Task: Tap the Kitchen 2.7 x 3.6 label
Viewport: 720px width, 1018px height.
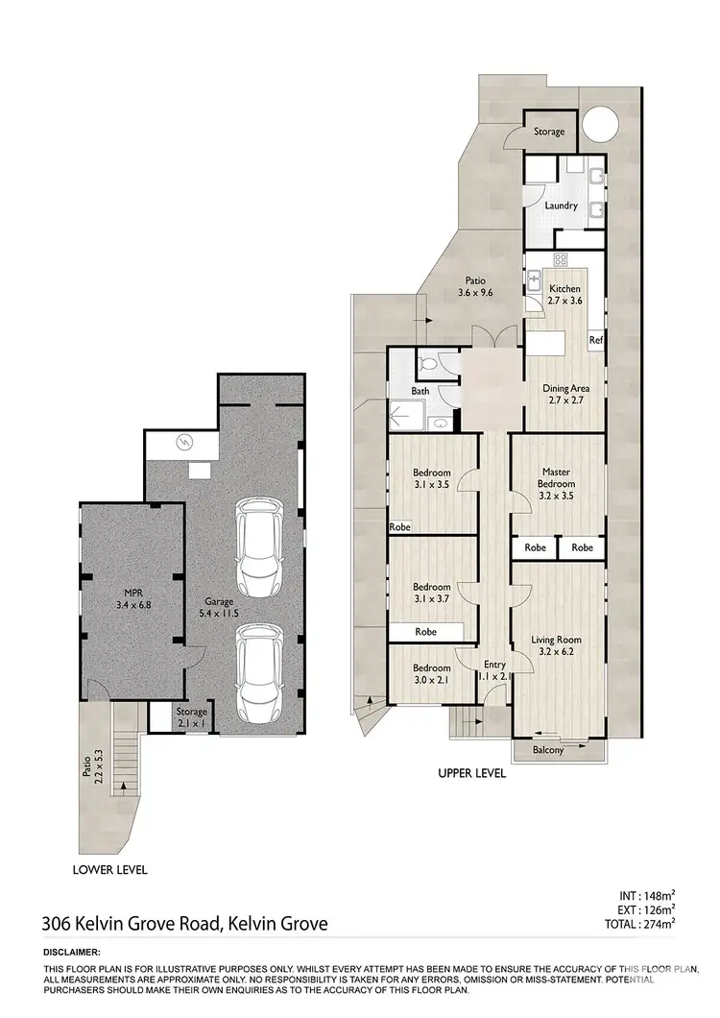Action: (564, 295)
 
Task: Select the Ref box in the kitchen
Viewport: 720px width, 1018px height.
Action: (595, 340)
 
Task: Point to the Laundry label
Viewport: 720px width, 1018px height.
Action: (561, 206)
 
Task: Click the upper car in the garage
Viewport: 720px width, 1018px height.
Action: (258, 548)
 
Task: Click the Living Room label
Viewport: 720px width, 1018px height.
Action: (557, 645)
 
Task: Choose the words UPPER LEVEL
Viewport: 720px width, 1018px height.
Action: (471, 772)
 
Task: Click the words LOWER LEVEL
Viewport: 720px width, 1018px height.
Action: (109, 870)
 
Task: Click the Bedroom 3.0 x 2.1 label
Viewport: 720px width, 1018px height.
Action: (432, 673)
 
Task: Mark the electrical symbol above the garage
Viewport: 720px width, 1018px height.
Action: (185, 443)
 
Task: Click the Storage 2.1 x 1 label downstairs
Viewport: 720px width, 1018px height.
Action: (192, 716)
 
